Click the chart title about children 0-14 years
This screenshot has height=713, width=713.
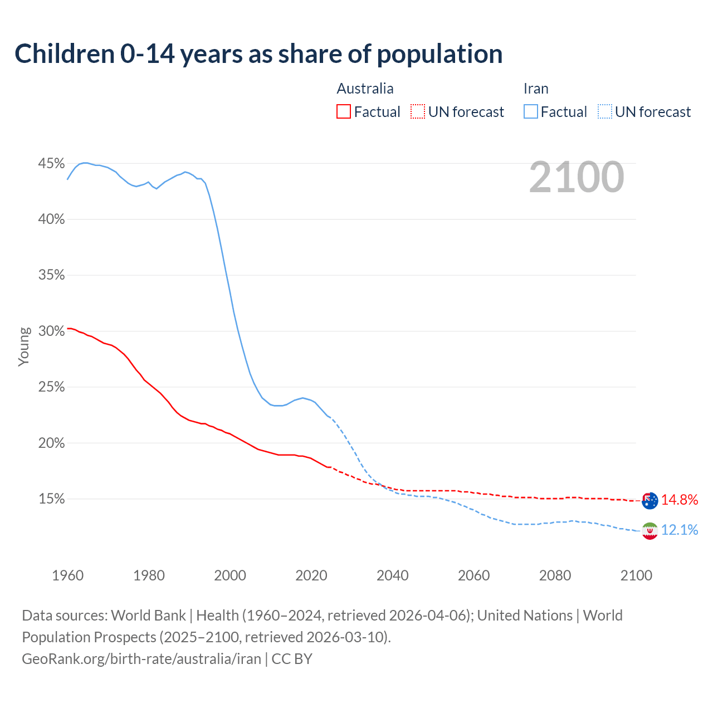click(x=258, y=54)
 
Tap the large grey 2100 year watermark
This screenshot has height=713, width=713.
click(x=577, y=177)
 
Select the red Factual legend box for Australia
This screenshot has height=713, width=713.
click(x=344, y=112)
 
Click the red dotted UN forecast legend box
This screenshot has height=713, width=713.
click(x=418, y=112)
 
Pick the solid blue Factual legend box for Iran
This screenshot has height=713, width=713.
click(x=531, y=112)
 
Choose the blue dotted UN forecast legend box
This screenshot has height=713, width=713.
click(x=605, y=112)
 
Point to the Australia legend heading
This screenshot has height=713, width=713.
click(x=365, y=89)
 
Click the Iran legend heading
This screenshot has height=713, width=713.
click(x=536, y=89)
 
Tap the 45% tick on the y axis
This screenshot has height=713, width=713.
click(x=51, y=164)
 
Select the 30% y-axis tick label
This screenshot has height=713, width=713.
click(x=51, y=331)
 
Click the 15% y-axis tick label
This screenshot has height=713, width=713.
click(x=51, y=499)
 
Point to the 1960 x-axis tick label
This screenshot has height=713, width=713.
click(x=68, y=575)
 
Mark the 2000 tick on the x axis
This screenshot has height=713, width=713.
click(x=230, y=575)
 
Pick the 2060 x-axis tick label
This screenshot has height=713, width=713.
click(x=473, y=575)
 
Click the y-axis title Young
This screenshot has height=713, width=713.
click(x=23, y=346)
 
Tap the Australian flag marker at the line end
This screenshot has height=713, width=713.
click(x=649, y=500)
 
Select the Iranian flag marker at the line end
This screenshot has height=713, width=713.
click(x=649, y=531)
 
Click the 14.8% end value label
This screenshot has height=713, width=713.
click(x=680, y=500)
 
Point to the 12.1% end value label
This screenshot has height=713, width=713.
click(x=680, y=530)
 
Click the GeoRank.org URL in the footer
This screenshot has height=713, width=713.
click(x=141, y=659)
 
